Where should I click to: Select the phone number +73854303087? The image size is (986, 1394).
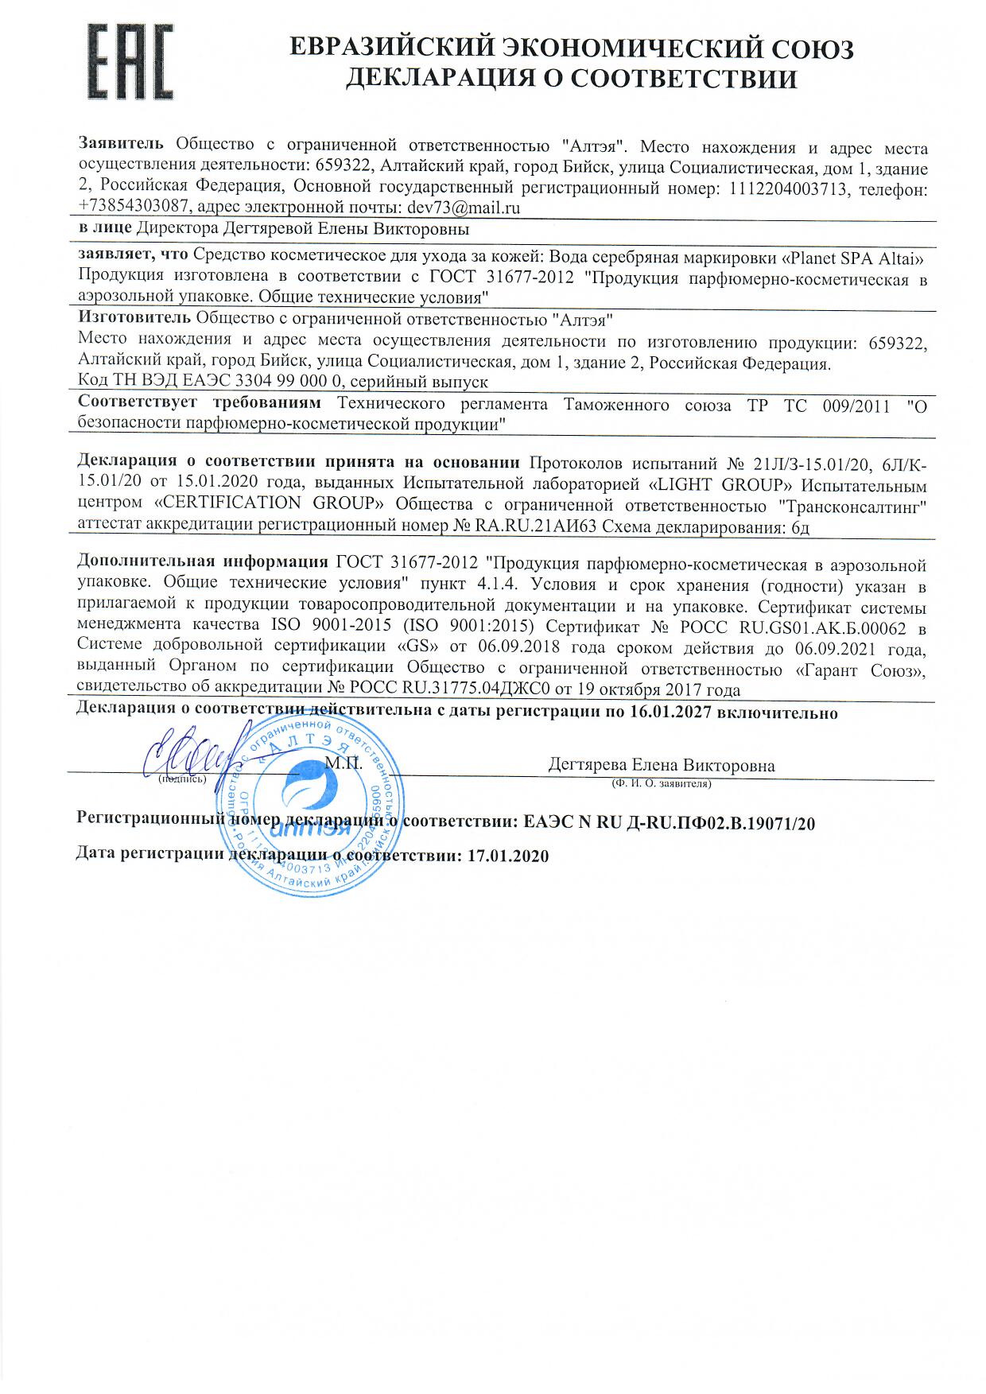point(134,208)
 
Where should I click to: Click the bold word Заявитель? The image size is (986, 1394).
point(122,145)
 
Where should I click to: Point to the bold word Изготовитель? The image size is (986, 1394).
point(134,318)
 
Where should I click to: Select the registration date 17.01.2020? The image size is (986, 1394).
point(509,856)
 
